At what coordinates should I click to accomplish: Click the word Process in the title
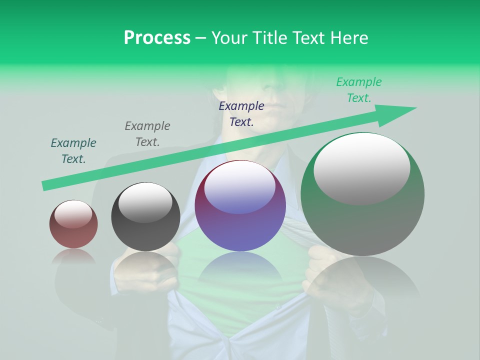point(157,38)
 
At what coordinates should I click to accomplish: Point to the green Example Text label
point(359,90)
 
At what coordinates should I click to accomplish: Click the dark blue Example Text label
point(241,113)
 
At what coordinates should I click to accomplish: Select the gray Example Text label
point(147,134)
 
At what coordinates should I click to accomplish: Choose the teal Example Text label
point(73,150)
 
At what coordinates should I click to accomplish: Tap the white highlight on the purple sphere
point(240,188)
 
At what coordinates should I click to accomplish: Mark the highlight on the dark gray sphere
point(145,202)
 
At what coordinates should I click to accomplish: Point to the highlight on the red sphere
point(73,214)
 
